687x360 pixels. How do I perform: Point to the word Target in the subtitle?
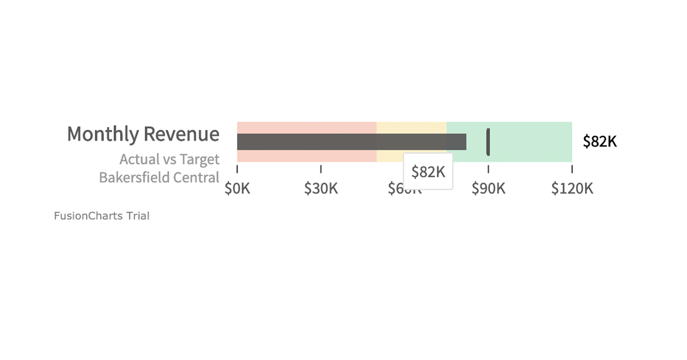tap(199, 159)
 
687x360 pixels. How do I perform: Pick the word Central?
tap(200, 177)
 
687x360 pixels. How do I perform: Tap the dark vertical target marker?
tap(488, 142)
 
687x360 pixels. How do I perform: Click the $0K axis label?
tap(237, 188)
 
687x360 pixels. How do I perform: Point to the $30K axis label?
tap(321, 188)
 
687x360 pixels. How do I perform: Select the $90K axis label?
tap(488, 188)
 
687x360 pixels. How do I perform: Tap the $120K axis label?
tap(572, 188)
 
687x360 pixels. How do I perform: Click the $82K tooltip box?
tap(428, 172)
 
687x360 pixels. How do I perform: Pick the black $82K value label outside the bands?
tap(600, 141)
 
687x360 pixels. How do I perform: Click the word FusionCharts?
tap(88, 216)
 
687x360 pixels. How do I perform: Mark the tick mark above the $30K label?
tap(321, 169)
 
